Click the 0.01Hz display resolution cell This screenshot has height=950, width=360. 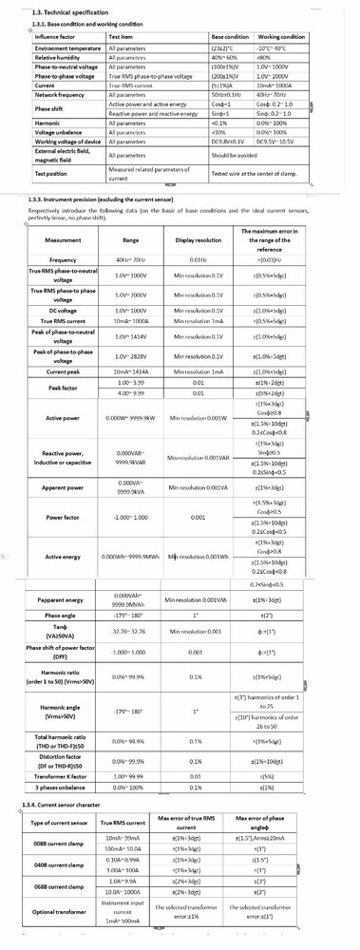click(x=198, y=259)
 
